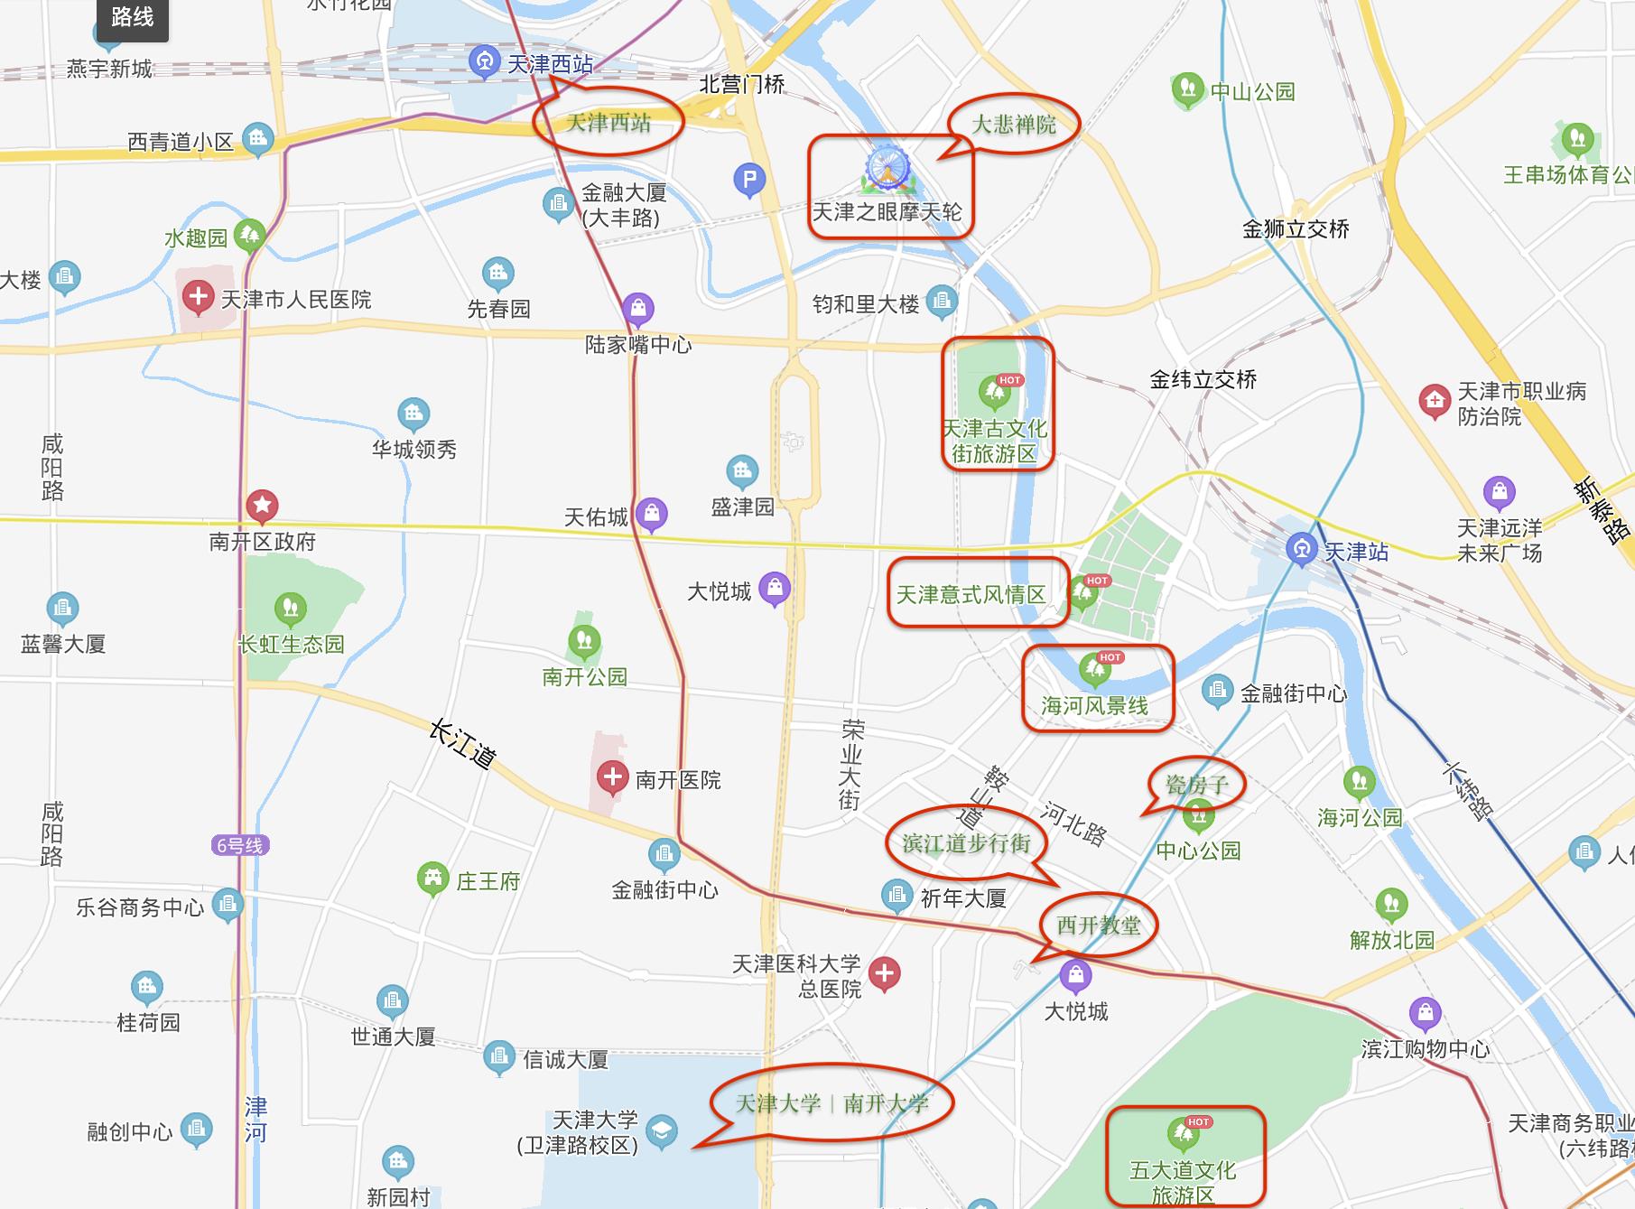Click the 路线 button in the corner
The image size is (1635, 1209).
[132, 17]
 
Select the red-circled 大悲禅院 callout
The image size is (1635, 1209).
[1014, 124]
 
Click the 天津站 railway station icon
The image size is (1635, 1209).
[1301, 549]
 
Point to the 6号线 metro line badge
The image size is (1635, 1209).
[240, 846]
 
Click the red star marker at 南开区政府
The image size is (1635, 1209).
[263, 506]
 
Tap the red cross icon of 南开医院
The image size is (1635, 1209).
[612, 777]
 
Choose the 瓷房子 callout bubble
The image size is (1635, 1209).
[1197, 784]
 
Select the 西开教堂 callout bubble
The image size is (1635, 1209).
[1098, 925]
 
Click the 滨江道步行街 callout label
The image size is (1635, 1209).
[967, 843]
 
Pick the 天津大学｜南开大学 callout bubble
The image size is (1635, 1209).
[831, 1103]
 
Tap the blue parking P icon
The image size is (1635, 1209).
[749, 180]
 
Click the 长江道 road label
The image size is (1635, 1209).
[462, 743]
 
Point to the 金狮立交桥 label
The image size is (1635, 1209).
[1296, 229]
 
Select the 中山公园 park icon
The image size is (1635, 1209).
[1188, 88]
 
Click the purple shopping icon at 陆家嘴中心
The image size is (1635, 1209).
[638, 309]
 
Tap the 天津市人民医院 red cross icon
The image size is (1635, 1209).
[198, 296]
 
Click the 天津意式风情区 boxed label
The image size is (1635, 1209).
[971, 594]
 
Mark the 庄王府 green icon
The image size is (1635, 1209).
[433, 878]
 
